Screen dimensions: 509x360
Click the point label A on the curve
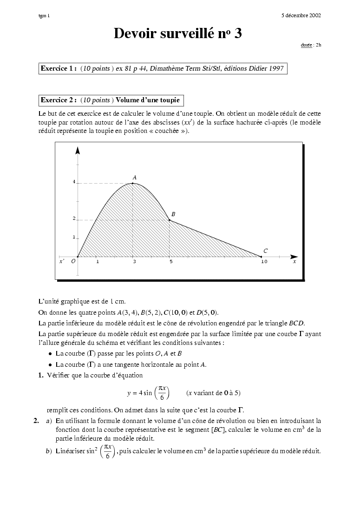134,178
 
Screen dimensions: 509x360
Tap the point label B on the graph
173,214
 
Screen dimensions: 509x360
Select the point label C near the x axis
265,251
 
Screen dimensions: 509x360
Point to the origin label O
73,262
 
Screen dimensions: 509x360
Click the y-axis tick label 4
74,182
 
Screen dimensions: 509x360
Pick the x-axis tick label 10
264,262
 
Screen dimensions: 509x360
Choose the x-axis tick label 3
134,262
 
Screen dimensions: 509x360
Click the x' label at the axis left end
62,262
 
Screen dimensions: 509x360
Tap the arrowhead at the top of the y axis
78,150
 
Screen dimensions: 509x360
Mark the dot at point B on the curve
170,220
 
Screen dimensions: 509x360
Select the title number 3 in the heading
238,33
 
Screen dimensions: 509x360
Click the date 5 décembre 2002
301,15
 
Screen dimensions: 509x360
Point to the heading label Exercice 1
59,68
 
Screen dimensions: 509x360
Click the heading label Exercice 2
59,100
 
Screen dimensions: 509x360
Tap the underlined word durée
306,45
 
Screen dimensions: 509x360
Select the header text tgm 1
44,16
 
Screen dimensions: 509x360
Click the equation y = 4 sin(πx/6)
148,393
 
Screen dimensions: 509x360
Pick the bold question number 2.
36,421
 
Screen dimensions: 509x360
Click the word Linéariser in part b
70,451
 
